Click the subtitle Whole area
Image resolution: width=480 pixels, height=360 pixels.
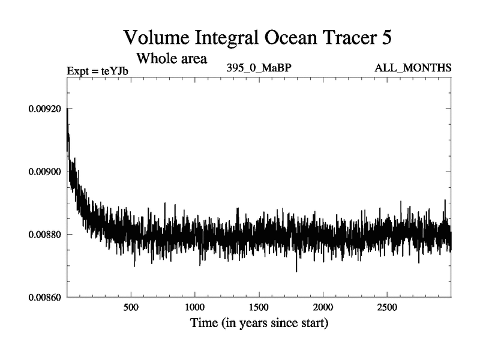tap(172, 59)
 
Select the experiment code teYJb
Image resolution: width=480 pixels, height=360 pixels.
tap(115, 71)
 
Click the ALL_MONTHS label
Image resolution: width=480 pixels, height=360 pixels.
tap(412, 68)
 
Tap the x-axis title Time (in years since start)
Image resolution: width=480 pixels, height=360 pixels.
tap(259, 324)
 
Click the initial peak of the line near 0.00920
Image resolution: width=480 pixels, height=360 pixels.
tap(67, 109)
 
